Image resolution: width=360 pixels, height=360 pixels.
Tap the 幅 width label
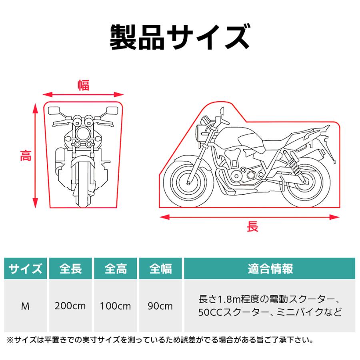[83, 85]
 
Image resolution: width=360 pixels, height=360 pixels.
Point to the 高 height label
[26, 156]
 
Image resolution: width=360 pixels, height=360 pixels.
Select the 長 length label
[252, 227]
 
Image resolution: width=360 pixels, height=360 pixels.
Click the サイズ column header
[26, 268]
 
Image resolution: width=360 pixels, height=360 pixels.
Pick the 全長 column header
[70, 268]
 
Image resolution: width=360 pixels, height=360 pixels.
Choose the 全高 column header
[116, 268]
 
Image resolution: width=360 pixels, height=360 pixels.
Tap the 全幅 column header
[160, 268]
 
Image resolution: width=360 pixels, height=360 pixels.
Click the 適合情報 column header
[270, 268]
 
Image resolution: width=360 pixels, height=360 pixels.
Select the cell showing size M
[26, 306]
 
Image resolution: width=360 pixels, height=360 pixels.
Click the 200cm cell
[70, 306]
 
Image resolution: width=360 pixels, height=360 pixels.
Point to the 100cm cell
[116, 306]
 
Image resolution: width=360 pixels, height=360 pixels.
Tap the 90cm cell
[160, 306]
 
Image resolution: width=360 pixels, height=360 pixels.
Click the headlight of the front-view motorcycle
[83, 133]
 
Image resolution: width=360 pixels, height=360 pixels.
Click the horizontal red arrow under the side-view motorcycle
[250, 217]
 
